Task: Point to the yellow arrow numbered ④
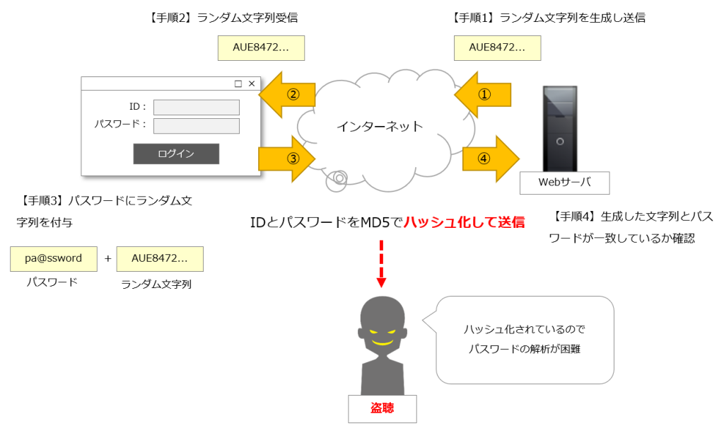coord(490,159)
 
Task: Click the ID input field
coord(197,107)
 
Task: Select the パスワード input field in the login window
coord(197,126)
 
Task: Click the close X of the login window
coord(252,84)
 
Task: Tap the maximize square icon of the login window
coord(238,84)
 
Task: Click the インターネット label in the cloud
coord(379,127)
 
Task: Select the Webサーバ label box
coord(564,183)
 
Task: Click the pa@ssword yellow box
coord(53,258)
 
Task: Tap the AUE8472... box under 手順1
coord(497,47)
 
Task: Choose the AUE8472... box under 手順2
coord(261,47)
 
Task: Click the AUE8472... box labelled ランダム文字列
coord(160,258)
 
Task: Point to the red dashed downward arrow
coord(381,263)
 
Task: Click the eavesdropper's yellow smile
coord(383,341)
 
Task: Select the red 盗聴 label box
coord(383,408)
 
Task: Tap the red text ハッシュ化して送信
coord(464,222)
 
